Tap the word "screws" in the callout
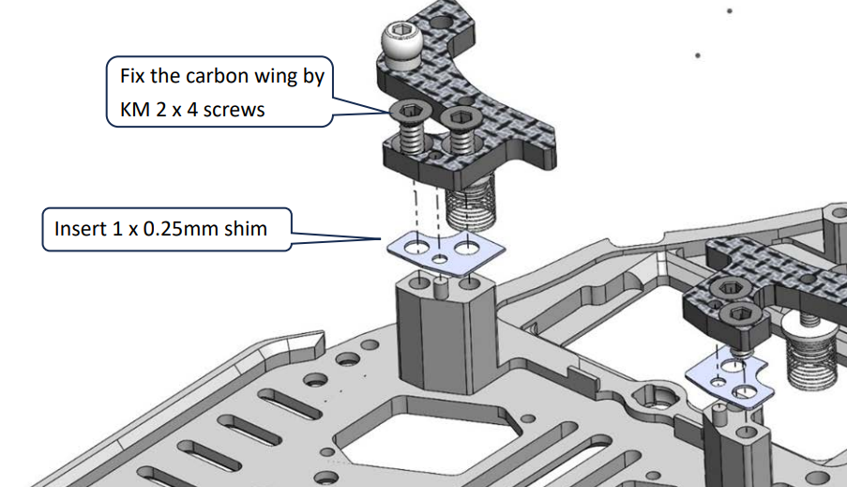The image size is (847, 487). tap(234, 110)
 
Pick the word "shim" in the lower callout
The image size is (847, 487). tap(248, 228)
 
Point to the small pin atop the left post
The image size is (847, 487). tap(438, 285)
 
